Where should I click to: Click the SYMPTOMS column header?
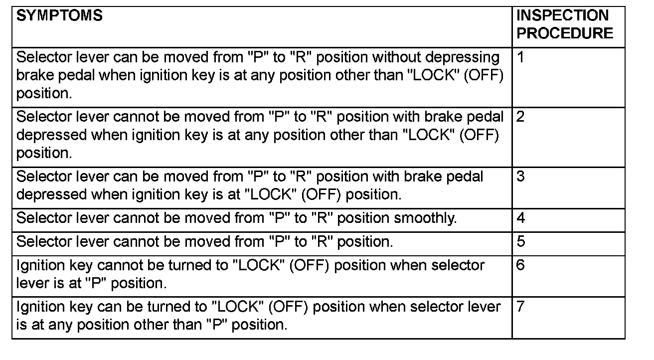59,15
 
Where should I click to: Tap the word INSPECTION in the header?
562,15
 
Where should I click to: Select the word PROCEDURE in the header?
565,33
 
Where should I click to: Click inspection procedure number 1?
520,57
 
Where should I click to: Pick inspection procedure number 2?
520,117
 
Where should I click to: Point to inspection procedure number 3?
520,177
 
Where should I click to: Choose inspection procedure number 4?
520,218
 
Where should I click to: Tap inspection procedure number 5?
520,241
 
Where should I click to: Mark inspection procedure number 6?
520,265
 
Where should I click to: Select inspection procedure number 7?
520,307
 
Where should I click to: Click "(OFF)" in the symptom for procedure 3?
321,195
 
